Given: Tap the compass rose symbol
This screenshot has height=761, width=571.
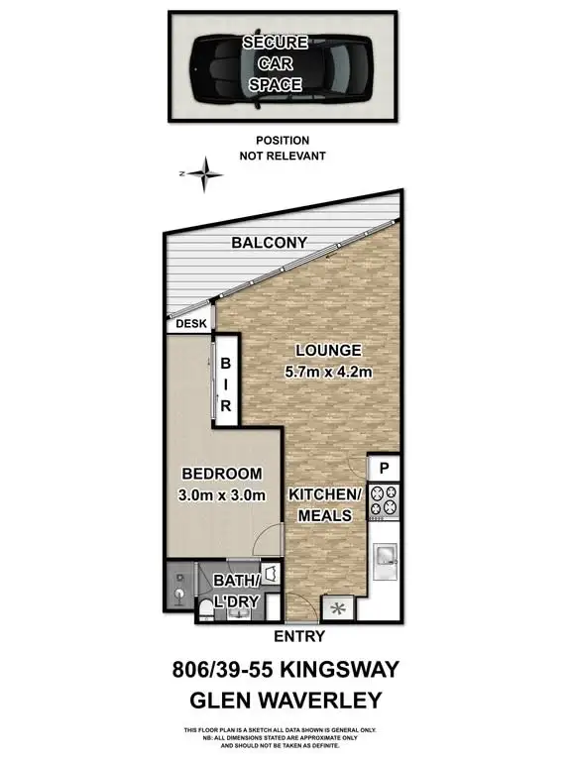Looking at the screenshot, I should coord(206,175).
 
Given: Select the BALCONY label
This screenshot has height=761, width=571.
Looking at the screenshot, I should coord(268,244).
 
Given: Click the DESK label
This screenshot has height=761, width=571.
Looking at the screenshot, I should coord(190,323).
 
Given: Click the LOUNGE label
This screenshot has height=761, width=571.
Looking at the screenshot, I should coord(327,351).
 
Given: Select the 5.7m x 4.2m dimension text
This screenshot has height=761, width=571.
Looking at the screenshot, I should coord(327,374).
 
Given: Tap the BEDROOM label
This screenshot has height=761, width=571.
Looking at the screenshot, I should coord(222,474).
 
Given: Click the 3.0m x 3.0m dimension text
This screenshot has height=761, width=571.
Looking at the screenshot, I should coord(222,495).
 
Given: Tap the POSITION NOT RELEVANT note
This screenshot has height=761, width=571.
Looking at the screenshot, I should coord(283,149).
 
